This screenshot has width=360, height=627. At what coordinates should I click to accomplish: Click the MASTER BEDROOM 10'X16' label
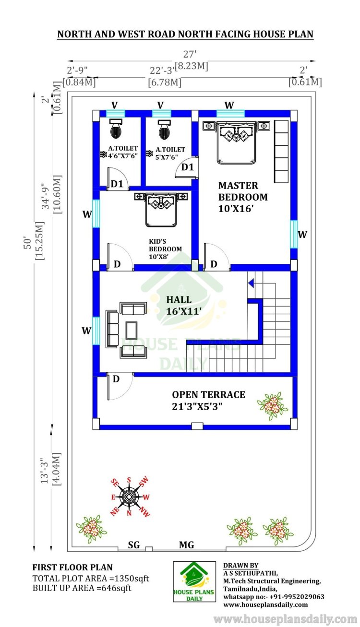point(243,197)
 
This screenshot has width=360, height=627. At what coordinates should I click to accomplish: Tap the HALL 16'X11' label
point(184,306)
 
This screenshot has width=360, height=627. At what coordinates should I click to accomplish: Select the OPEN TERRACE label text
point(208,395)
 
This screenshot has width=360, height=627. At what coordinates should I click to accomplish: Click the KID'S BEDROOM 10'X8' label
point(165,249)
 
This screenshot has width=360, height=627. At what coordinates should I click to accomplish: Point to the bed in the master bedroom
point(237,143)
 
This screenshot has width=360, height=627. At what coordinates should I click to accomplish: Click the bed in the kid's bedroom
point(161,209)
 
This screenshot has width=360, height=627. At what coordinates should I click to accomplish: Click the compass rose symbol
point(129,497)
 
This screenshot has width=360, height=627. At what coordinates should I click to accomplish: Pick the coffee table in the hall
point(132,331)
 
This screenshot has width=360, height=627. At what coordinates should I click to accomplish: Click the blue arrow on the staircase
point(252,283)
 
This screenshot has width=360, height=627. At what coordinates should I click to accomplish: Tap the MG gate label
point(186,544)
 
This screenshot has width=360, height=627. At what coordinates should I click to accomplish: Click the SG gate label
point(133,544)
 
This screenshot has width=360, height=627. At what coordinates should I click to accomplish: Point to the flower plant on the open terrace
point(272,405)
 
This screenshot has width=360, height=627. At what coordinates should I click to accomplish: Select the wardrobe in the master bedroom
point(281,152)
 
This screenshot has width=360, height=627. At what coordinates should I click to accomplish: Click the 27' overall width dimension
point(190,54)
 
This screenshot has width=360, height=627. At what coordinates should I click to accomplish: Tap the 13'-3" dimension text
point(45,471)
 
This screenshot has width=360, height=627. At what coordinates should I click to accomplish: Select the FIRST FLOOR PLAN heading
point(72,568)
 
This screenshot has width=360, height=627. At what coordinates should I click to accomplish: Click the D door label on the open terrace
point(116,379)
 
